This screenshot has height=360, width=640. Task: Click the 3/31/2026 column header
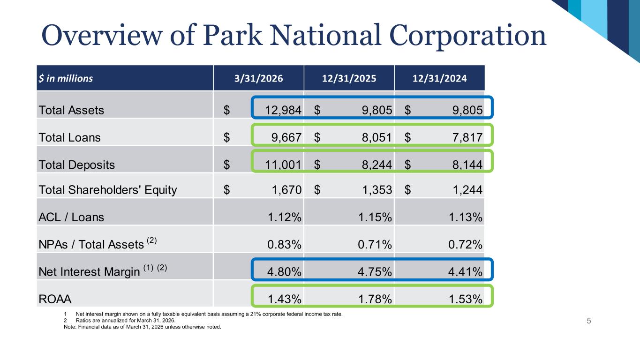point(258,79)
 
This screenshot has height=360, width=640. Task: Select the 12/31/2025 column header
point(349,79)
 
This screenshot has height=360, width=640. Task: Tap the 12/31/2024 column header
point(440,79)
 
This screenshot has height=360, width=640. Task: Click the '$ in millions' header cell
point(66,79)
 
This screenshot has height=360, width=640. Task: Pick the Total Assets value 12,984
point(282,111)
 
